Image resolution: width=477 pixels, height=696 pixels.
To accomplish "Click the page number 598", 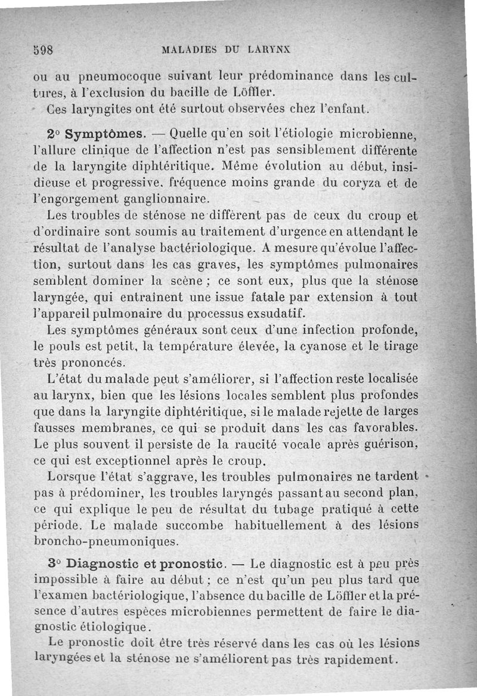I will (x=43, y=50).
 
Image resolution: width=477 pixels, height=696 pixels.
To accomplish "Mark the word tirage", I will (x=398, y=345).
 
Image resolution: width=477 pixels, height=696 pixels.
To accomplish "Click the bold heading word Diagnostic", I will (x=100, y=563).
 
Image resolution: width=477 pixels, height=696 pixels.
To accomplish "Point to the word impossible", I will (x=70, y=579).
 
